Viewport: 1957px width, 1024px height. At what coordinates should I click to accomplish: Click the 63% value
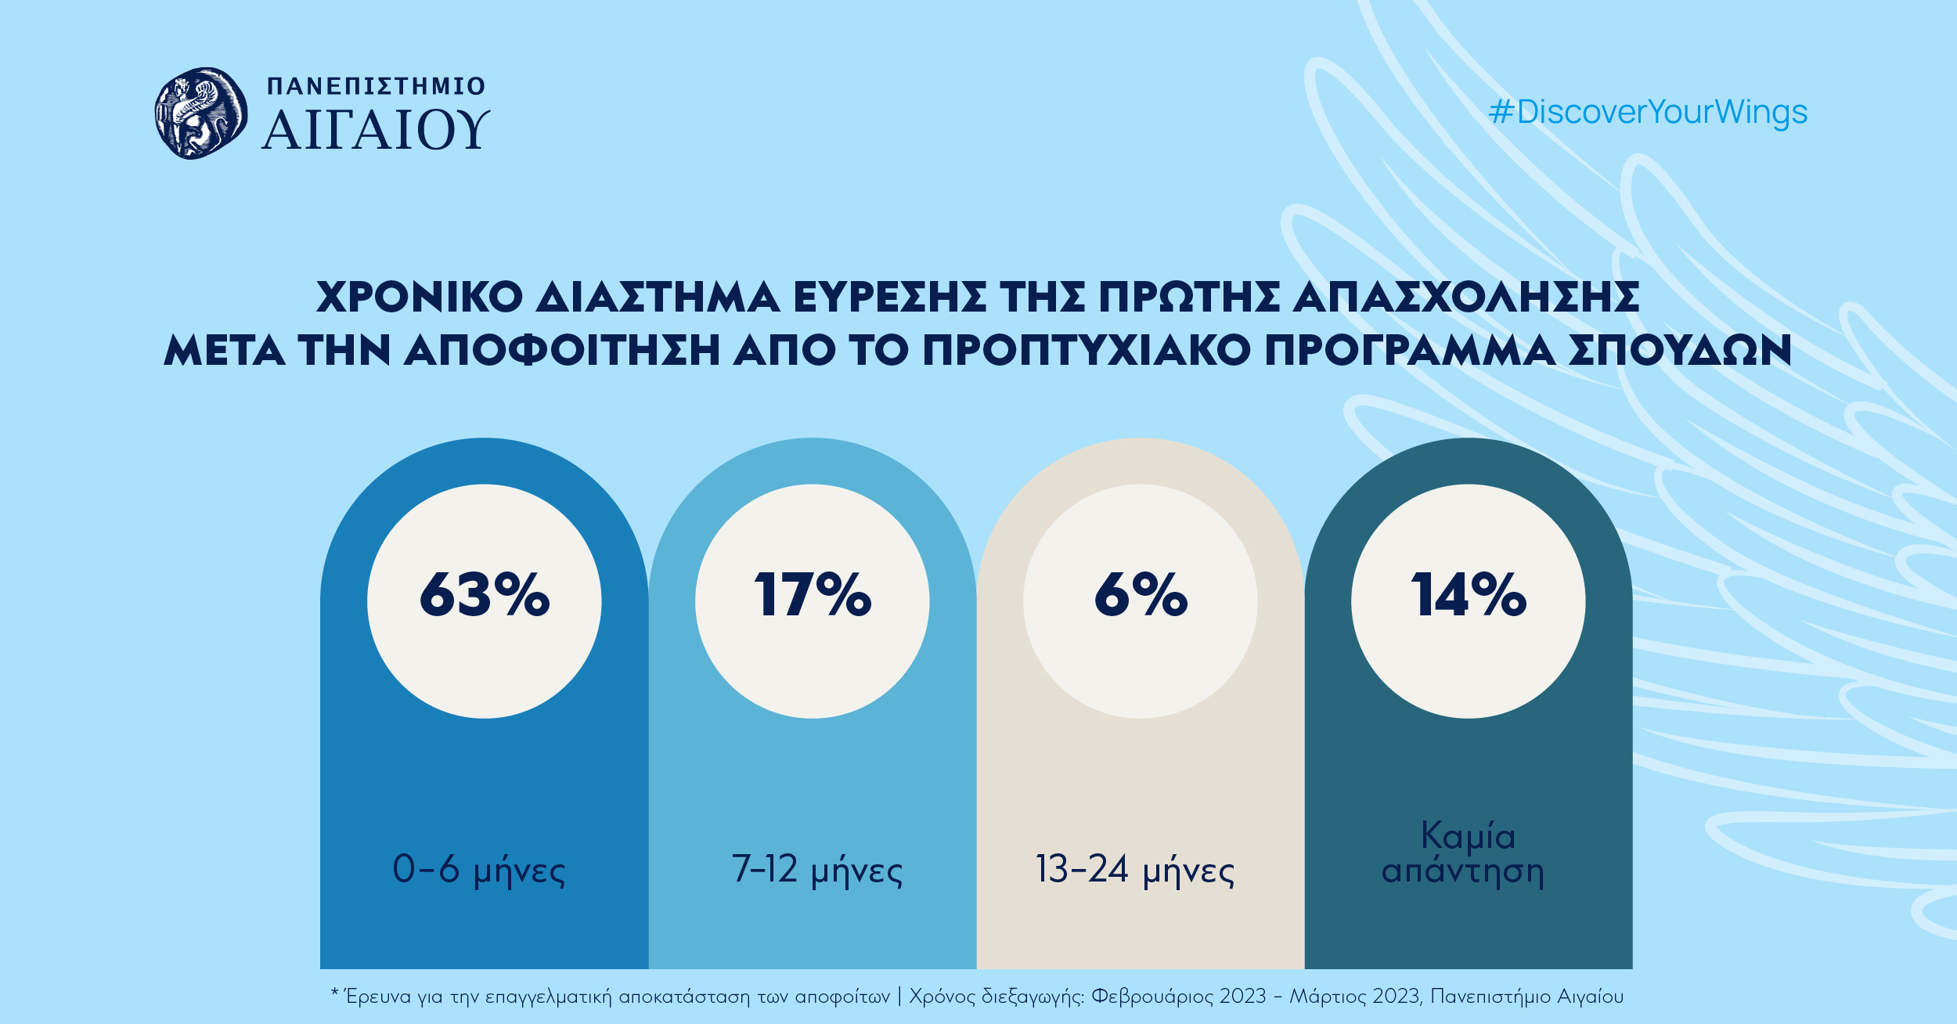(485, 595)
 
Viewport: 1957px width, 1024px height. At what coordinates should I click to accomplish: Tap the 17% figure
(813, 595)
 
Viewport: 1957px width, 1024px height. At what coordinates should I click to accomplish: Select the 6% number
(1141, 595)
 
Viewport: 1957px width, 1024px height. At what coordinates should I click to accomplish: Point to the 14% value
(1469, 595)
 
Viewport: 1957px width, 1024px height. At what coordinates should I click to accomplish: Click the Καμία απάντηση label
(1464, 854)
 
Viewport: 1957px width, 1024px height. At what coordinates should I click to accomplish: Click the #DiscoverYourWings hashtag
(1648, 112)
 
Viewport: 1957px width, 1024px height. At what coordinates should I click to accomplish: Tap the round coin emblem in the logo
(201, 114)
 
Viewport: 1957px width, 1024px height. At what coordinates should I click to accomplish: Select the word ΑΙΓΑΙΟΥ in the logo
(376, 130)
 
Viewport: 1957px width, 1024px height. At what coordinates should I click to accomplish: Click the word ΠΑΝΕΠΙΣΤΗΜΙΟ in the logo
(377, 86)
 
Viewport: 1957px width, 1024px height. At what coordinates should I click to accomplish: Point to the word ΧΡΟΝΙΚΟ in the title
(420, 297)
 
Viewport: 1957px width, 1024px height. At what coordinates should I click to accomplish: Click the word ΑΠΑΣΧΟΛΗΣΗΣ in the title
(1465, 297)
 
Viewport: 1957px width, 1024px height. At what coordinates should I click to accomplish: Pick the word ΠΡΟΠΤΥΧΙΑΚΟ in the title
(1087, 350)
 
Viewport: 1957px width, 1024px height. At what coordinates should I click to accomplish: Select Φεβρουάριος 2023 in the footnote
(1178, 997)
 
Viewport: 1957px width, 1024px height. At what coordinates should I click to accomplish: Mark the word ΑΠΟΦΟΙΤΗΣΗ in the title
(561, 350)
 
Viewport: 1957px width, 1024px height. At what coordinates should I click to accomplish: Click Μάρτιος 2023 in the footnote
(1355, 997)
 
